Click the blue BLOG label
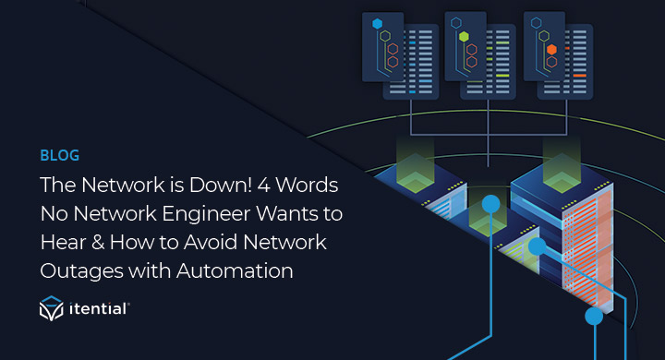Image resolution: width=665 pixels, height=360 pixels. click(59, 155)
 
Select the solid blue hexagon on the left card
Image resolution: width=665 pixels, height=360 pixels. click(377, 21)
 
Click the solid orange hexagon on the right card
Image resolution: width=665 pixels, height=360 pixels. click(551, 49)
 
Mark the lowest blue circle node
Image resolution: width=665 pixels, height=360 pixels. click(594, 316)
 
